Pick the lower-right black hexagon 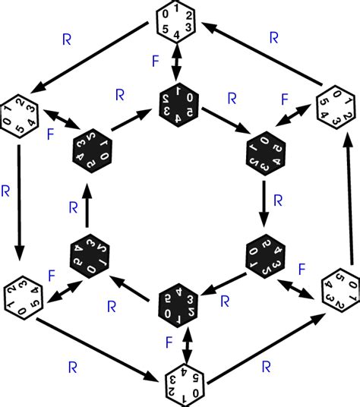click(x=267, y=259)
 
